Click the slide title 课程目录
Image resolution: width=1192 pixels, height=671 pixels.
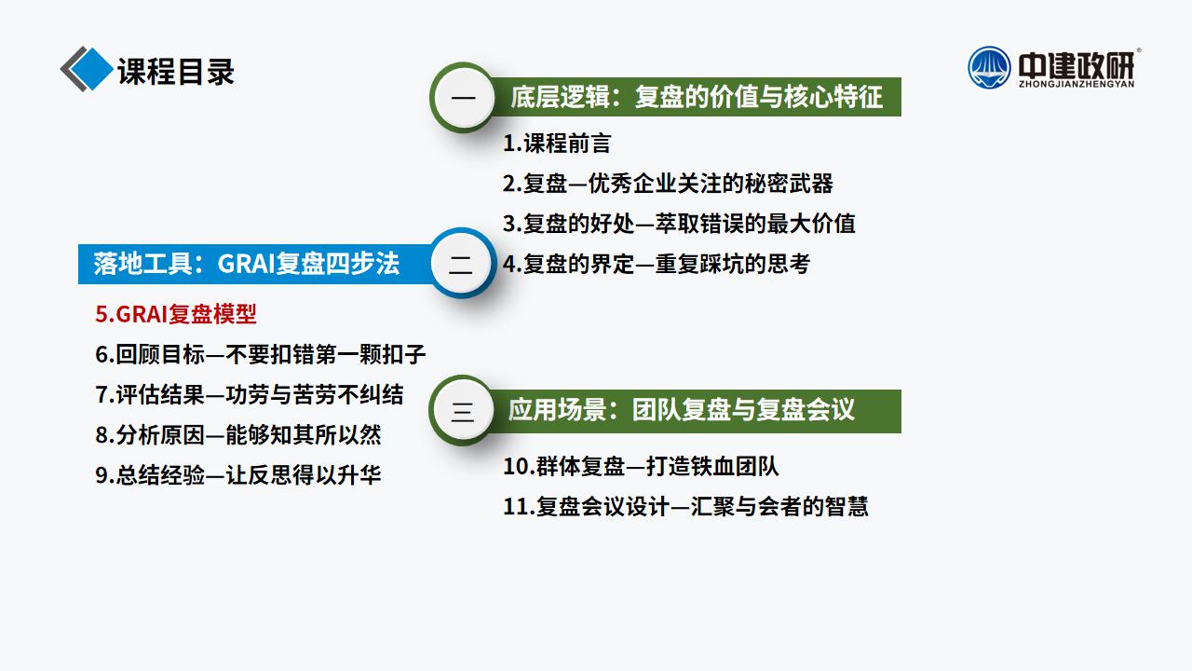tap(176, 72)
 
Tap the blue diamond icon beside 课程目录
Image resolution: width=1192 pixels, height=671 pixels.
tap(91, 69)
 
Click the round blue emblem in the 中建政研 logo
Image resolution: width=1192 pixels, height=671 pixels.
tap(989, 68)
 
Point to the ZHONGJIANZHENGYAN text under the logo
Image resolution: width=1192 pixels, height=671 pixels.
tap(1076, 84)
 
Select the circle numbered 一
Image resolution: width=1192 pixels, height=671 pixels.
tap(464, 98)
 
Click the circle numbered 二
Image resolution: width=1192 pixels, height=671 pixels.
tap(461, 264)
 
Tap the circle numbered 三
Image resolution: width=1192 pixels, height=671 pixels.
tap(463, 411)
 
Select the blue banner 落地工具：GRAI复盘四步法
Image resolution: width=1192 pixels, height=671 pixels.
tap(255, 264)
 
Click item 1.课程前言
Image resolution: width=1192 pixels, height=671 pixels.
tap(557, 144)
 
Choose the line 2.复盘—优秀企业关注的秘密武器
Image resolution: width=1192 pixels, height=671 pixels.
tap(668, 184)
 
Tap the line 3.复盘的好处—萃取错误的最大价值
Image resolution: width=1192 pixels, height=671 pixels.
tap(679, 224)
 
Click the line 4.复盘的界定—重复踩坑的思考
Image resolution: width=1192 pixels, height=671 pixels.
tap(657, 264)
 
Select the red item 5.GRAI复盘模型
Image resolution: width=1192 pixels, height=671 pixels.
tap(176, 314)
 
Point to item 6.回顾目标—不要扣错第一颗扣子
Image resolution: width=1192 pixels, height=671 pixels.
tap(260, 354)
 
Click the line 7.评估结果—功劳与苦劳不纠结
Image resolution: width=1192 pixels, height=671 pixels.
tap(249, 394)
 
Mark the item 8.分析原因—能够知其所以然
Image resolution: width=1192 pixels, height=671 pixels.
tap(237, 435)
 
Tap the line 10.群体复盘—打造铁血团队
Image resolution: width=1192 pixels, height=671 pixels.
tap(641, 466)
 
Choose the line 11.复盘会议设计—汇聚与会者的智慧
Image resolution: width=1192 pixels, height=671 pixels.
tap(685, 506)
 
